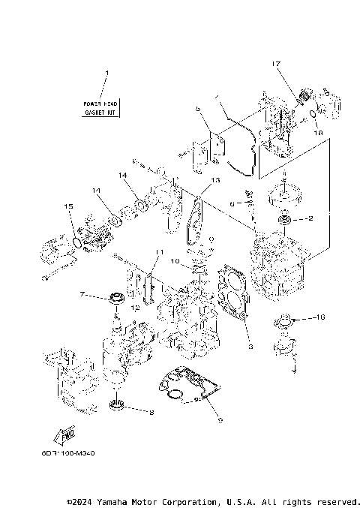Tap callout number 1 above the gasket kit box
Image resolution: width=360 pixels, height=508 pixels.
106,74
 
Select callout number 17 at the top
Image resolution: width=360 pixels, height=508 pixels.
277,65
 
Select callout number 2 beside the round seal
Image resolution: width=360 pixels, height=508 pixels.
310,220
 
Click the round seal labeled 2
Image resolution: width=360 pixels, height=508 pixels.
286,220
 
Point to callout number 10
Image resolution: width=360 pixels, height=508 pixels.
175,262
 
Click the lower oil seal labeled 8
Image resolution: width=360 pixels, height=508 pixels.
117,407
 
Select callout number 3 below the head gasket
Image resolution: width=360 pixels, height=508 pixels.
250,346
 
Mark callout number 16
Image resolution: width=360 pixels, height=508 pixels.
321,318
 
